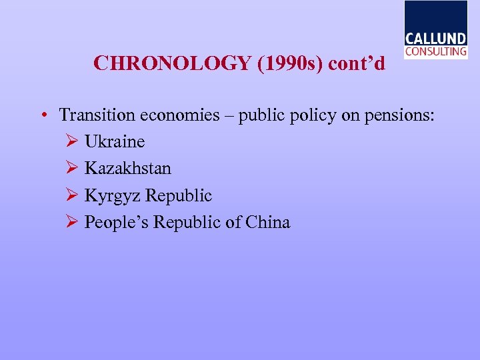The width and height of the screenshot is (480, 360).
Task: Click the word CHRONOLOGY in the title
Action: pos(170,63)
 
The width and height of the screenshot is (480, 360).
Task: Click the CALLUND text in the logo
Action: pos(435,39)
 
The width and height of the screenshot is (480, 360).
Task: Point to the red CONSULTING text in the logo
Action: pos(435,51)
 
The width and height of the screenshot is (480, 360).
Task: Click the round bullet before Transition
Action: pos(42,115)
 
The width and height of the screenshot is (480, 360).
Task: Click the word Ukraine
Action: pos(115,142)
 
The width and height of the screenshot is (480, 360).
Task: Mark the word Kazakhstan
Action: pos(128,169)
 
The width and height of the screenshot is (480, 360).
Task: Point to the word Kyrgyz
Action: pos(112,196)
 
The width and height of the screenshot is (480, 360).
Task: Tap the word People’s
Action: pos(116,222)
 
